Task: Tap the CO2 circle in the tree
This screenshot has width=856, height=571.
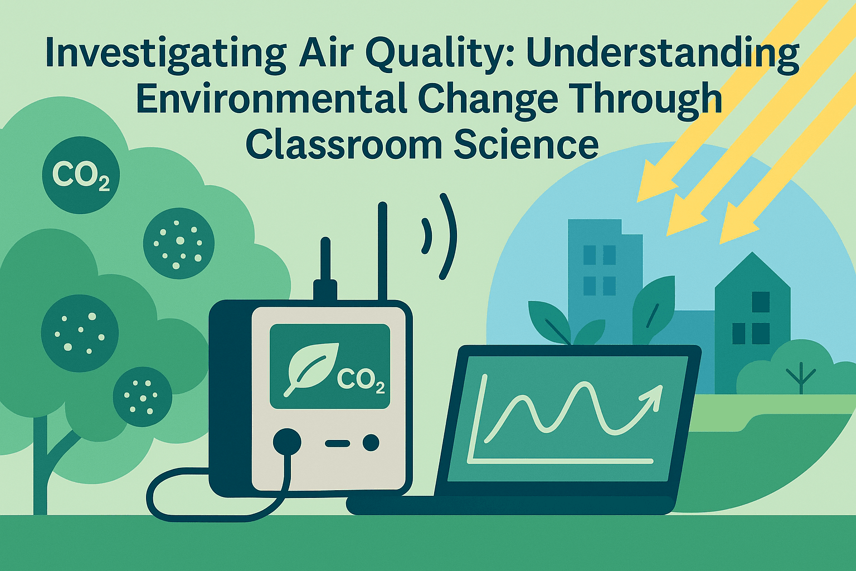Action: (x=81, y=175)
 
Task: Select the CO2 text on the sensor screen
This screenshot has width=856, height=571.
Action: (x=361, y=381)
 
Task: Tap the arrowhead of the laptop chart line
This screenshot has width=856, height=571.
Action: (x=653, y=395)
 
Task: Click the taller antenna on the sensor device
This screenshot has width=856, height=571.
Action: (x=382, y=251)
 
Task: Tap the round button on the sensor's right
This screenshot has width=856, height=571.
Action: (x=371, y=443)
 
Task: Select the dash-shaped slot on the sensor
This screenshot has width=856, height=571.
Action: (x=337, y=444)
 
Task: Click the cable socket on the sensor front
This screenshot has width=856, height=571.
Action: (x=287, y=443)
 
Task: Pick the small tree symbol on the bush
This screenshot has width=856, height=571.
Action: (x=801, y=377)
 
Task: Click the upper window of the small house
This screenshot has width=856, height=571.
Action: (x=760, y=302)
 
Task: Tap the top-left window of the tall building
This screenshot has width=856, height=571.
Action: (x=589, y=255)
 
